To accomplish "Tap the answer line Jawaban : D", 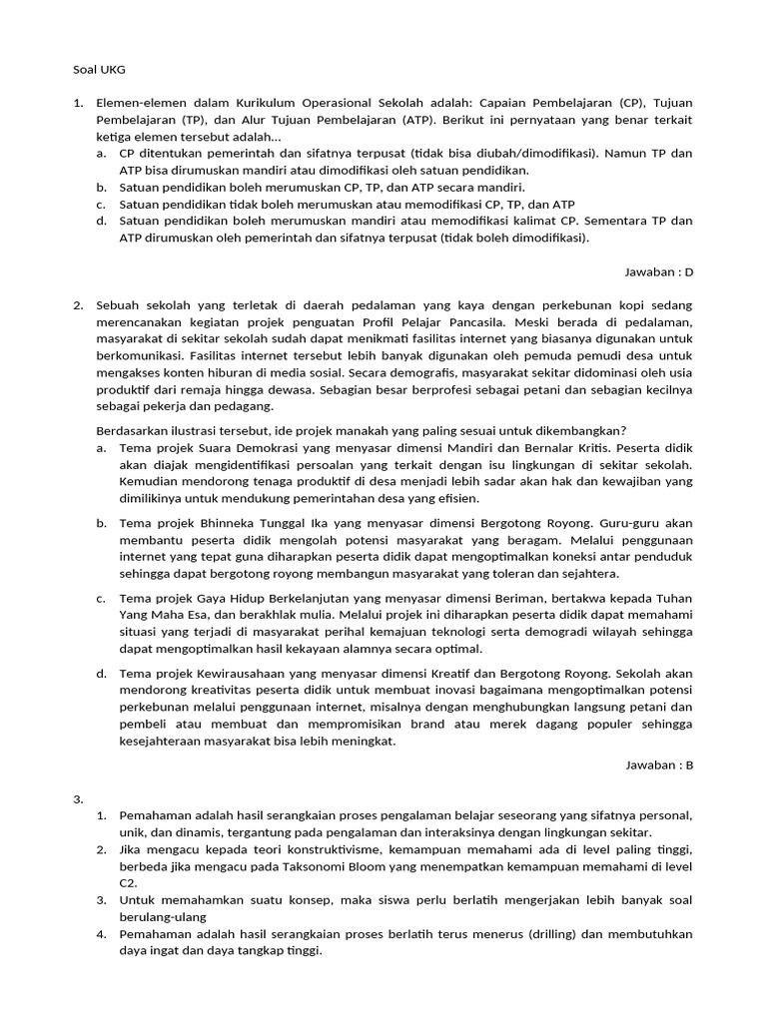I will click(658, 271).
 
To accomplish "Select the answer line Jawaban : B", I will click(658, 765).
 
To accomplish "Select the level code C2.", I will click(128, 882).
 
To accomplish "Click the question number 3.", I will click(78, 797).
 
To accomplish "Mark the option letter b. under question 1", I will click(102, 187).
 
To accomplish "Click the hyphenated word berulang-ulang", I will click(163, 916).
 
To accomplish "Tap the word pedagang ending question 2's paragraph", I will click(237, 406).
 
